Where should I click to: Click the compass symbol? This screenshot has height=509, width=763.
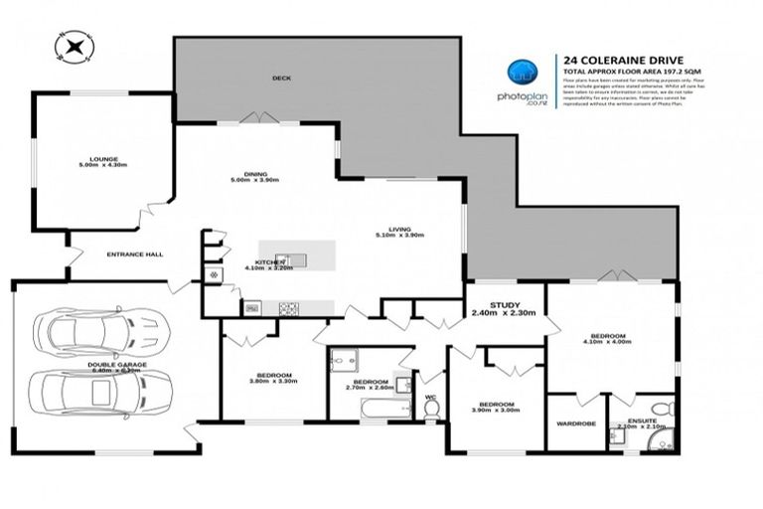click(x=75, y=45)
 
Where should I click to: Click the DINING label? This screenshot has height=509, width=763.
click(x=254, y=175)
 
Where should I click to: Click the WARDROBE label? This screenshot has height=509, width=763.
click(x=575, y=424)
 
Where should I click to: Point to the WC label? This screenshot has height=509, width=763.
click(x=429, y=399)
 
